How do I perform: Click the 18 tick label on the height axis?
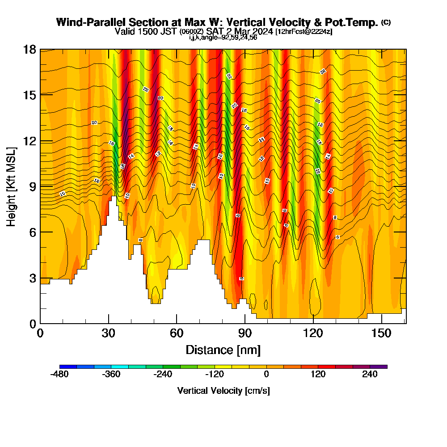[x=30, y=49]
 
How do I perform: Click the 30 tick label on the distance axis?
[x=108, y=333]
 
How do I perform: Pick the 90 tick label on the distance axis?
[x=245, y=333]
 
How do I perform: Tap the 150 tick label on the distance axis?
[x=381, y=333]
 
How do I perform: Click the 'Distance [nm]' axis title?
[x=223, y=350]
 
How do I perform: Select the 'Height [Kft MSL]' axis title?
[x=12, y=186]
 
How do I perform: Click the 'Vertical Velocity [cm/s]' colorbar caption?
[x=223, y=391]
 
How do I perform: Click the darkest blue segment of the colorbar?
[x=68, y=367]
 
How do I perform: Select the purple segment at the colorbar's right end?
[x=379, y=367]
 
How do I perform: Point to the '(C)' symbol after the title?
[x=386, y=22]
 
